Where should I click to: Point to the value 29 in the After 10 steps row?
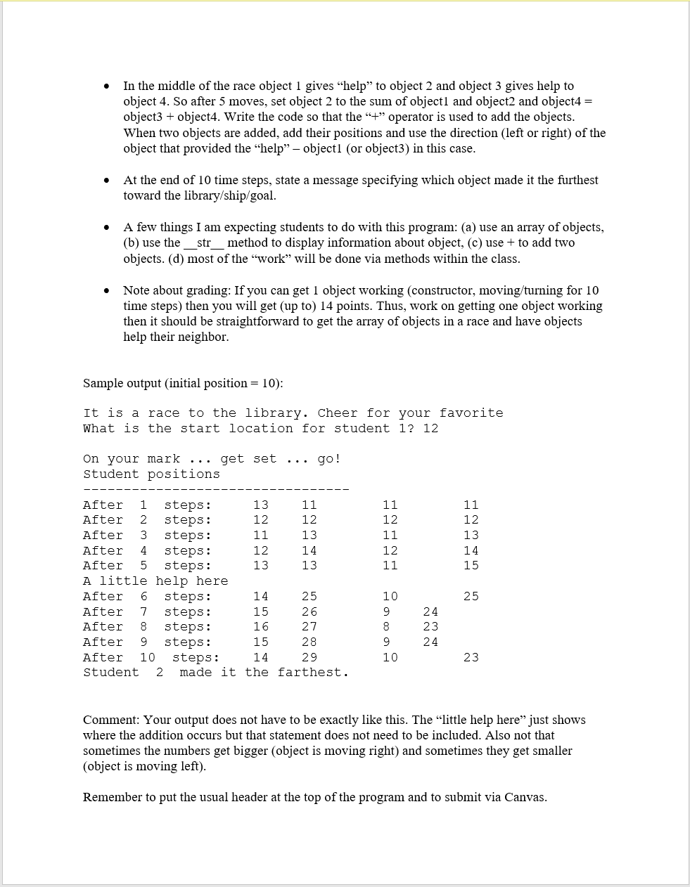pos(309,658)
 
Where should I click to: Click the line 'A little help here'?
pos(155,581)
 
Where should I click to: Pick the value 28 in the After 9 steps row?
pos(309,642)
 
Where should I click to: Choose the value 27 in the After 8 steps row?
pos(309,627)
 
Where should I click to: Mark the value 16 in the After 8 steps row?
pos(260,627)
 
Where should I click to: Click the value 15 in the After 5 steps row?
pos(471,566)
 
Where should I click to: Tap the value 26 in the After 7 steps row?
pos(309,612)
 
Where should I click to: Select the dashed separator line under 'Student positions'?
pos(216,489)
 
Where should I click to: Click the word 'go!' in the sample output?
pos(328,459)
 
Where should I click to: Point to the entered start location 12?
pos(430,429)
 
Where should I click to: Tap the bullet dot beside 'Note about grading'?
pos(106,291)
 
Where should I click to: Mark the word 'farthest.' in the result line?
pos(312,673)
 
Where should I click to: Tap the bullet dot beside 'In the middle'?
pos(106,86)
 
